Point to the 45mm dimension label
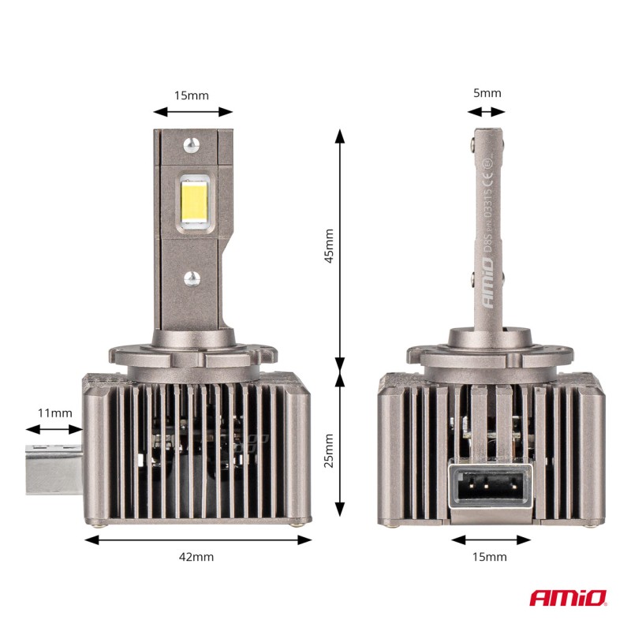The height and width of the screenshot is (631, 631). [329, 245]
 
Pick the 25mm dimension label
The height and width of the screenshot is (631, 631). [329, 450]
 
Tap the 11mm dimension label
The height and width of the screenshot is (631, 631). [55, 413]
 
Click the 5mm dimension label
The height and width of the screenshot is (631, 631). [487, 93]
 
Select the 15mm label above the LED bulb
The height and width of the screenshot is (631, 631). [191, 95]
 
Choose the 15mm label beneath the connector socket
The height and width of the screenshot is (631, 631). [491, 557]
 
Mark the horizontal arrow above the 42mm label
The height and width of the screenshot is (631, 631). [198, 540]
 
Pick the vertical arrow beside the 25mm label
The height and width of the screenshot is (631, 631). [341, 446]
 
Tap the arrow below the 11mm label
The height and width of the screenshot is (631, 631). [54, 430]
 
